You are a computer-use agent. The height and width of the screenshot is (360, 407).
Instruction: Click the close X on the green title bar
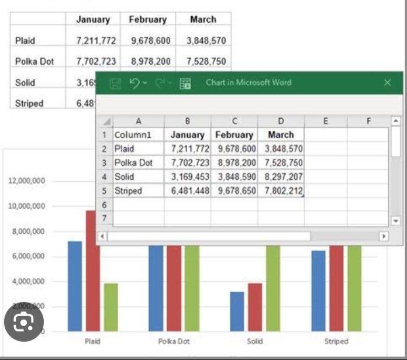(x=387, y=83)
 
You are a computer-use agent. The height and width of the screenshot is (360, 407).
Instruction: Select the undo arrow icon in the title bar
(x=134, y=83)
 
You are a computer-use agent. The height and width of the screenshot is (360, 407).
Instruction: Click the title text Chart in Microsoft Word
(x=249, y=83)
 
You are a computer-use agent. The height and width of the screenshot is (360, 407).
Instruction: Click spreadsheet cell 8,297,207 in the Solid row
(x=281, y=176)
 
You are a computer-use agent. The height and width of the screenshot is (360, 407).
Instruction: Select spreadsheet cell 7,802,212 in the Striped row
(x=281, y=191)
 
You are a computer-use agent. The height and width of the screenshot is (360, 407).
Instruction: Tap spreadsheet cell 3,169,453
(x=187, y=176)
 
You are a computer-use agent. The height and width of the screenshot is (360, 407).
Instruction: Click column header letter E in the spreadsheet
(x=325, y=121)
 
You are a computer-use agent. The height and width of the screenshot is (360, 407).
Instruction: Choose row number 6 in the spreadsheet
(x=104, y=205)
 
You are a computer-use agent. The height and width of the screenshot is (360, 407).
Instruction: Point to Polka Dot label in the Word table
(x=35, y=61)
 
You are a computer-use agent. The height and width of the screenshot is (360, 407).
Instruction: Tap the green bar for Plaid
(x=111, y=307)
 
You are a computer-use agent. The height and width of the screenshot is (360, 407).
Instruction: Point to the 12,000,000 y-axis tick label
(x=26, y=181)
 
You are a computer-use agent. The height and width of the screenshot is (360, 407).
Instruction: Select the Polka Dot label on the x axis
(x=174, y=341)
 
